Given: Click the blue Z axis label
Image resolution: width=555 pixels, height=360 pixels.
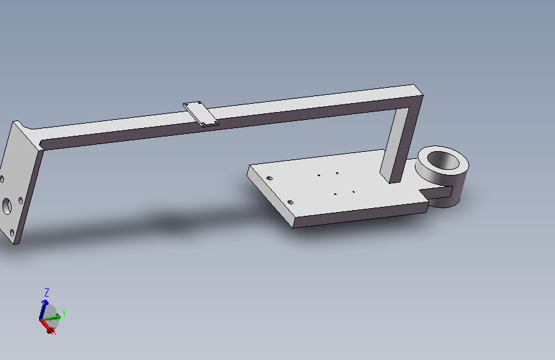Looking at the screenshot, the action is pyautogui.click(x=46, y=293).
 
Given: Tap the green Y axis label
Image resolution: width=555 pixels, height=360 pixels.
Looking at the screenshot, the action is pyautogui.click(x=64, y=313).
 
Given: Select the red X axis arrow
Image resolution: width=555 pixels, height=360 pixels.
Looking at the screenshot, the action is pyautogui.click(x=47, y=325).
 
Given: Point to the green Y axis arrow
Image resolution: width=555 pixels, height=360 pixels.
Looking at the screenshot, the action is pyautogui.click(x=52, y=318).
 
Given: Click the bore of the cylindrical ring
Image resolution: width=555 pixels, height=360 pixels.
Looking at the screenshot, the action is pyautogui.click(x=443, y=161).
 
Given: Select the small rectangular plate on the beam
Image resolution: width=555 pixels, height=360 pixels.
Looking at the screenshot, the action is pyautogui.click(x=201, y=114).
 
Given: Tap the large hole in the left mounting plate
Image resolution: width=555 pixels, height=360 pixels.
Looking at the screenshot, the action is pyautogui.click(x=7, y=206).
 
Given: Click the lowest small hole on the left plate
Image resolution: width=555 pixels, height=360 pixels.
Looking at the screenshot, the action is pyautogui.click(x=12, y=233).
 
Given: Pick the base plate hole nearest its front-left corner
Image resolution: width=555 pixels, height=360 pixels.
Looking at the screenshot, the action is pyautogui.click(x=290, y=202).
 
